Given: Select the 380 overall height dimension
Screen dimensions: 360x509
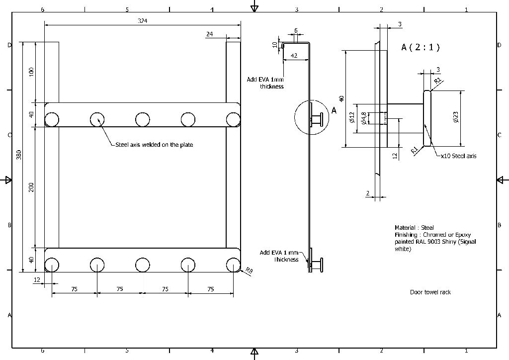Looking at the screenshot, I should [19, 155].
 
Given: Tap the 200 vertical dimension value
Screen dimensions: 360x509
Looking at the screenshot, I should [31, 187].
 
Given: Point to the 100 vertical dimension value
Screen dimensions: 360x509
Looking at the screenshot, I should [31, 71].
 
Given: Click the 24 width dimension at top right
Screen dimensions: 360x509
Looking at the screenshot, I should [209, 34].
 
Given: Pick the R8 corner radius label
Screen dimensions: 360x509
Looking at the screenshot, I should [249, 270].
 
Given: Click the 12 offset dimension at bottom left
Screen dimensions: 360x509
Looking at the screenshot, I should [37, 280].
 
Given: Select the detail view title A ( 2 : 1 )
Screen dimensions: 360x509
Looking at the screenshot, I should [420, 47].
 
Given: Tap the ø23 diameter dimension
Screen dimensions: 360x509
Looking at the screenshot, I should [456, 117].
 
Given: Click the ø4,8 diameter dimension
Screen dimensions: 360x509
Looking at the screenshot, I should [364, 118].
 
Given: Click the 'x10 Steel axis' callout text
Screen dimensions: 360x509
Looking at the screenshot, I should [458, 156].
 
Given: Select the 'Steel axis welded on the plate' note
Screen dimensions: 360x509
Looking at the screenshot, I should [154, 145].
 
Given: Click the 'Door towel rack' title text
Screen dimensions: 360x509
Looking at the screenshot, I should [430, 292].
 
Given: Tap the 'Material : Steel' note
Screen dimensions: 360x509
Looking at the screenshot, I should [414, 228].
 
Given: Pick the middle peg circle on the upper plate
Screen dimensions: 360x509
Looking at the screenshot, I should [143, 119].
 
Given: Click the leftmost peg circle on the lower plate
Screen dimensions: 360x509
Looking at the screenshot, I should [52, 265].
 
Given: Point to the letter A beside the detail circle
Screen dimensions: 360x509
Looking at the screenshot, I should [334, 111].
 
